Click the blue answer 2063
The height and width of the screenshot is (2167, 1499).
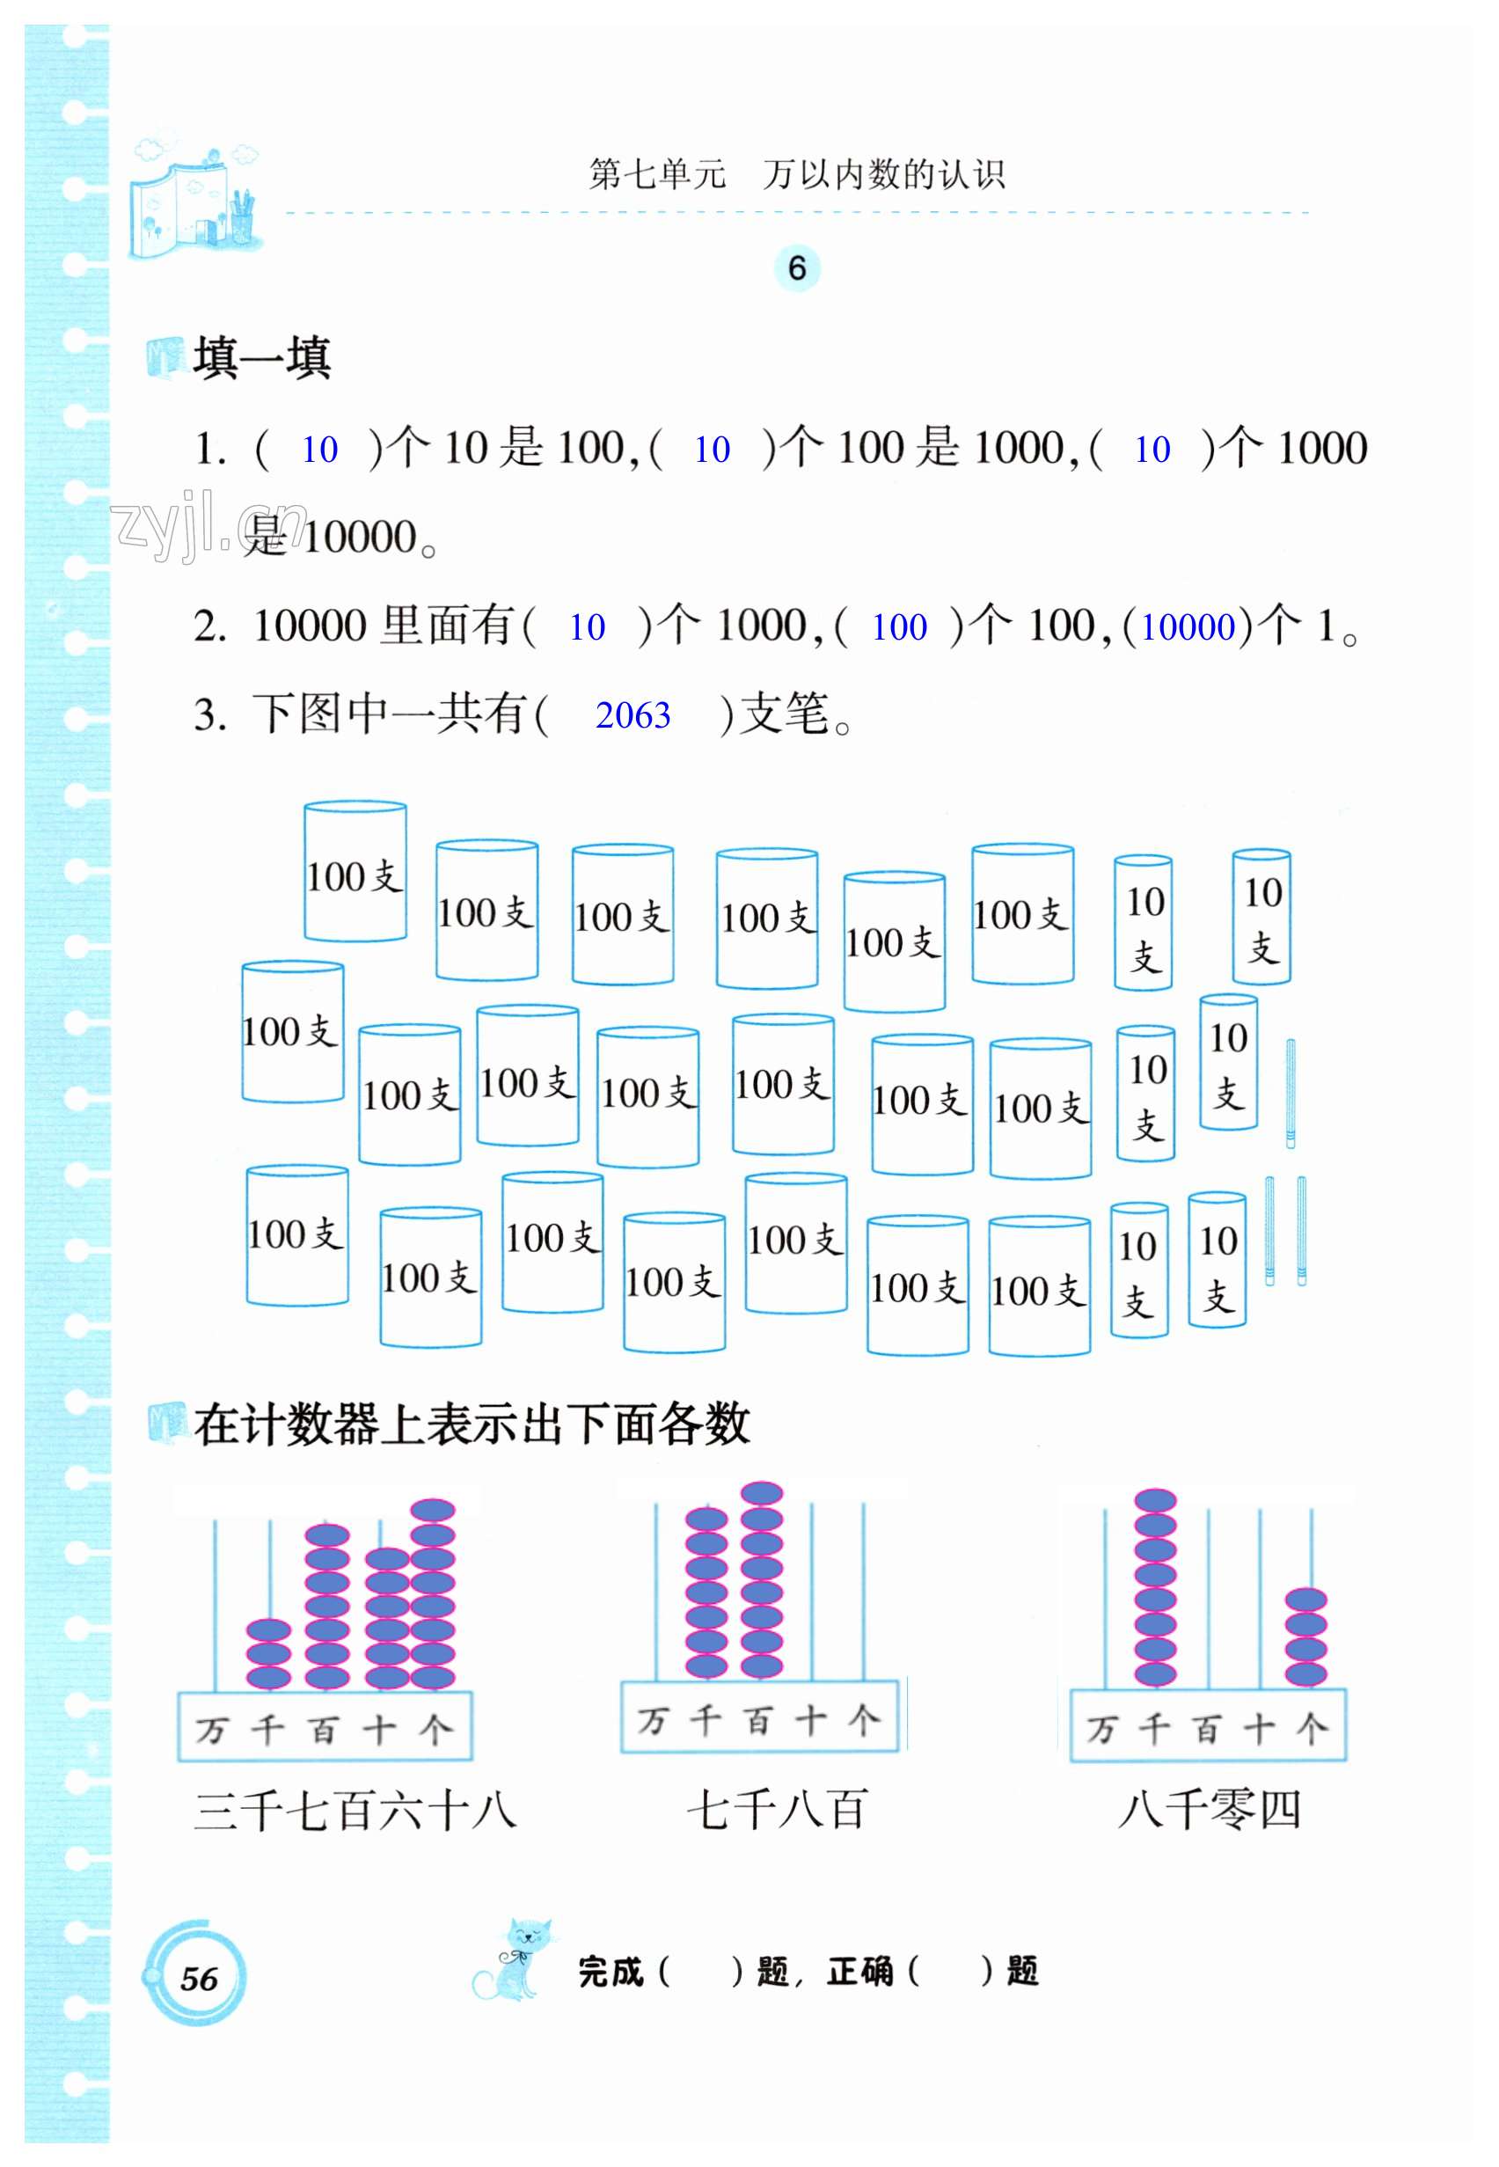[x=633, y=716]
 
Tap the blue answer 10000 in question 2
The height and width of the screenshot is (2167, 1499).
[x=1188, y=627]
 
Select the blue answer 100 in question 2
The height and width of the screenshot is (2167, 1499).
[x=899, y=627]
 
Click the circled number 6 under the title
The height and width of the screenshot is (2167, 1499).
[x=796, y=268]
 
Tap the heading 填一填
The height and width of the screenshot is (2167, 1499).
[x=261, y=358]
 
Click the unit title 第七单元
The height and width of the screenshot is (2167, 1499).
[x=657, y=175]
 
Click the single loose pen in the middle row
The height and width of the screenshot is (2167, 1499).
[x=1291, y=1094]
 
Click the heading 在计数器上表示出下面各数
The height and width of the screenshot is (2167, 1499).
[x=472, y=1424]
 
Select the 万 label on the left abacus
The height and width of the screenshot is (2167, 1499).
[x=211, y=1731]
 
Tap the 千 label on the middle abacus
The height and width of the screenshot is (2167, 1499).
[x=706, y=1721]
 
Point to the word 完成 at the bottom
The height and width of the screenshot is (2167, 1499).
[x=611, y=1972]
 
